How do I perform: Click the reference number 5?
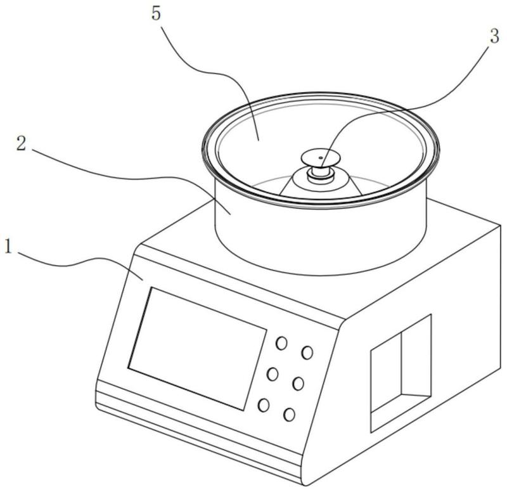tap(156, 15)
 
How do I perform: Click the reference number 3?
tap(494, 36)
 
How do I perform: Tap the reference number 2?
tap(22, 143)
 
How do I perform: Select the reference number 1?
tap(8, 247)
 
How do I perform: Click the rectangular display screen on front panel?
tap(197, 349)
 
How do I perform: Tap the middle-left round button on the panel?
tap(273, 374)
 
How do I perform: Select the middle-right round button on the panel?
tap(298, 384)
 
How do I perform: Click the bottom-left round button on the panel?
tap(264, 405)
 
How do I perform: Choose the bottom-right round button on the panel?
tap(289, 415)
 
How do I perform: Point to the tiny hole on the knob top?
tap(321, 157)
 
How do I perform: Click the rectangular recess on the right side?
tap(401, 373)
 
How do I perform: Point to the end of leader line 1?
tap(143, 280)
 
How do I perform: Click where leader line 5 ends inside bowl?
tap(259, 140)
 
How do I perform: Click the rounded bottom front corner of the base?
tap(305, 482)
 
